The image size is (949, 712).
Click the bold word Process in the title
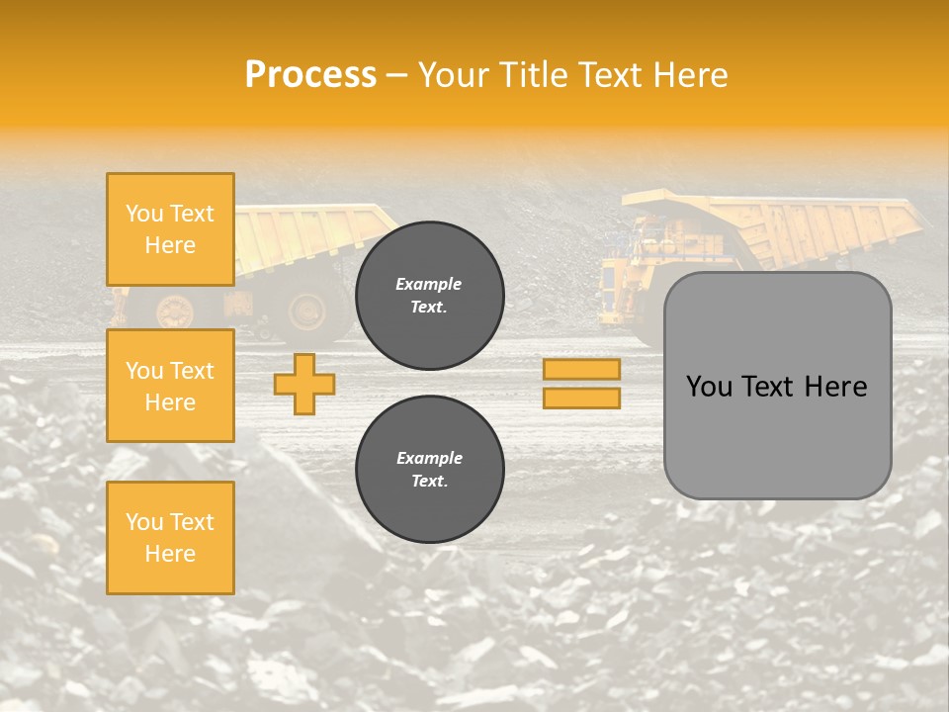(x=310, y=75)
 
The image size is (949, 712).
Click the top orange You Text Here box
(x=170, y=229)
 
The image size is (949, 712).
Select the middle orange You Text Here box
(x=170, y=386)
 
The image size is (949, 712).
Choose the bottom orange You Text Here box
(x=170, y=538)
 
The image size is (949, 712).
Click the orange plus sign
(x=304, y=384)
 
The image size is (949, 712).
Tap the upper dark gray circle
(x=430, y=296)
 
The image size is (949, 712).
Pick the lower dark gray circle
(x=430, y=470)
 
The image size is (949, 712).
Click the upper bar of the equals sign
(x=581, y=370)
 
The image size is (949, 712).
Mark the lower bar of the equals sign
(x=581, y=398)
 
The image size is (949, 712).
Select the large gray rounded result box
(x=777, y=386)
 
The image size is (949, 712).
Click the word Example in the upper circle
(x=429, y=285)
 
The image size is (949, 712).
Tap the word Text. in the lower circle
(x=429, y=482)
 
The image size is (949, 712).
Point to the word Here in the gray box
(x=836, y=387)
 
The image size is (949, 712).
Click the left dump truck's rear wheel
(x=304, y=311)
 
